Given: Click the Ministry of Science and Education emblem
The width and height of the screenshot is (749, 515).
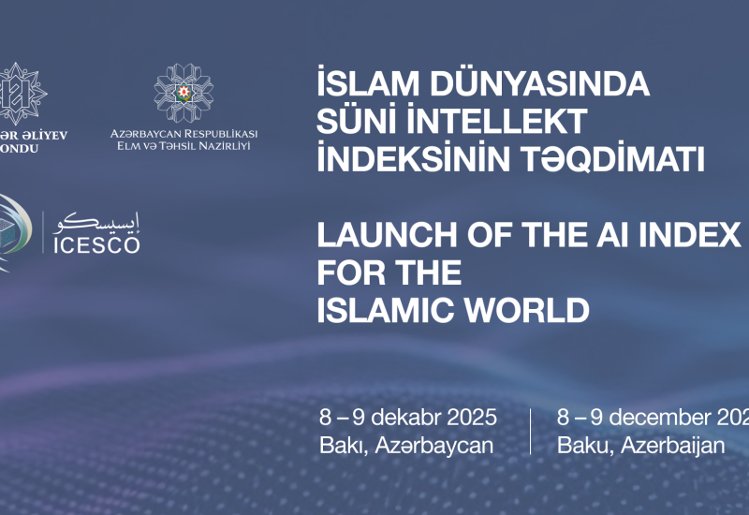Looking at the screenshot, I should pos(184,93).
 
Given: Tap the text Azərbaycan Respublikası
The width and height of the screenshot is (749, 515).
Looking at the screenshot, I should pos(184,134).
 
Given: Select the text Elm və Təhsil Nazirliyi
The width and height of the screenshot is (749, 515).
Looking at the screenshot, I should pos(184,147).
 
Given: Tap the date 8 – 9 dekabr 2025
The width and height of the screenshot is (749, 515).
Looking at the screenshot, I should pos(407,418).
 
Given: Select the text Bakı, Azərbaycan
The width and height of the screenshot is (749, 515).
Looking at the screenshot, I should pos(405,445).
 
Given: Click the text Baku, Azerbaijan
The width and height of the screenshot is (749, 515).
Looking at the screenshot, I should pos(640,445).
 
